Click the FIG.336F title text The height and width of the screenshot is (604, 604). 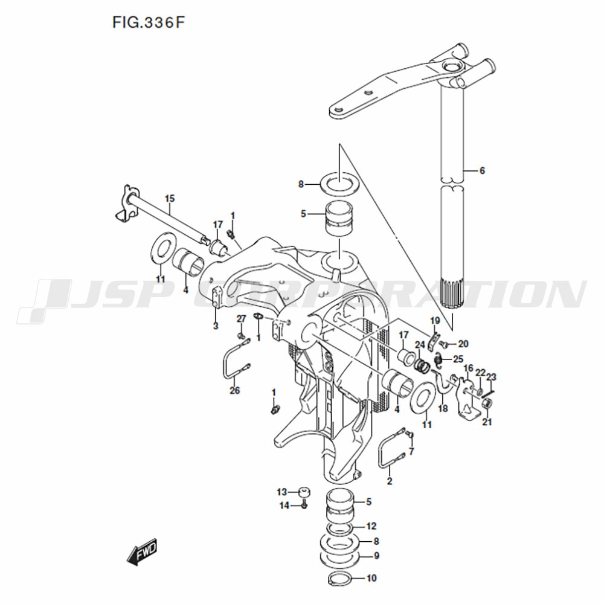point(149,23)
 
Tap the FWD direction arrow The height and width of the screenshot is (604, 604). point(142,551)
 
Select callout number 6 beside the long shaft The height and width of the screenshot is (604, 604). point(482,170)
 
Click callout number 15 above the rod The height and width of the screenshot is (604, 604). point(170,199)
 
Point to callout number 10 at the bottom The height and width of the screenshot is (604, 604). point(371,578)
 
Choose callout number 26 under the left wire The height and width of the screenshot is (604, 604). point(234,391)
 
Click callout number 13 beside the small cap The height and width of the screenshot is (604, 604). point(282,492)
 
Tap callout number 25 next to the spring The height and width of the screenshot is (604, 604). point(458,359)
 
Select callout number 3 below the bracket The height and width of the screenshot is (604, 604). point(216,326)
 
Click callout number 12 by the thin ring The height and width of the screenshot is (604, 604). point(371,526)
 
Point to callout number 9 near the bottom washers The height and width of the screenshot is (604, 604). point(376,556)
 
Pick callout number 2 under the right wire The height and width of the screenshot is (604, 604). point(390,481)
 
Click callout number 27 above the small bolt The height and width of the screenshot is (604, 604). point(241,318)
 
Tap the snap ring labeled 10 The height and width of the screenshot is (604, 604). point(339,579)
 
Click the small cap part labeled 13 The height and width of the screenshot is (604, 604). point(304,493)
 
